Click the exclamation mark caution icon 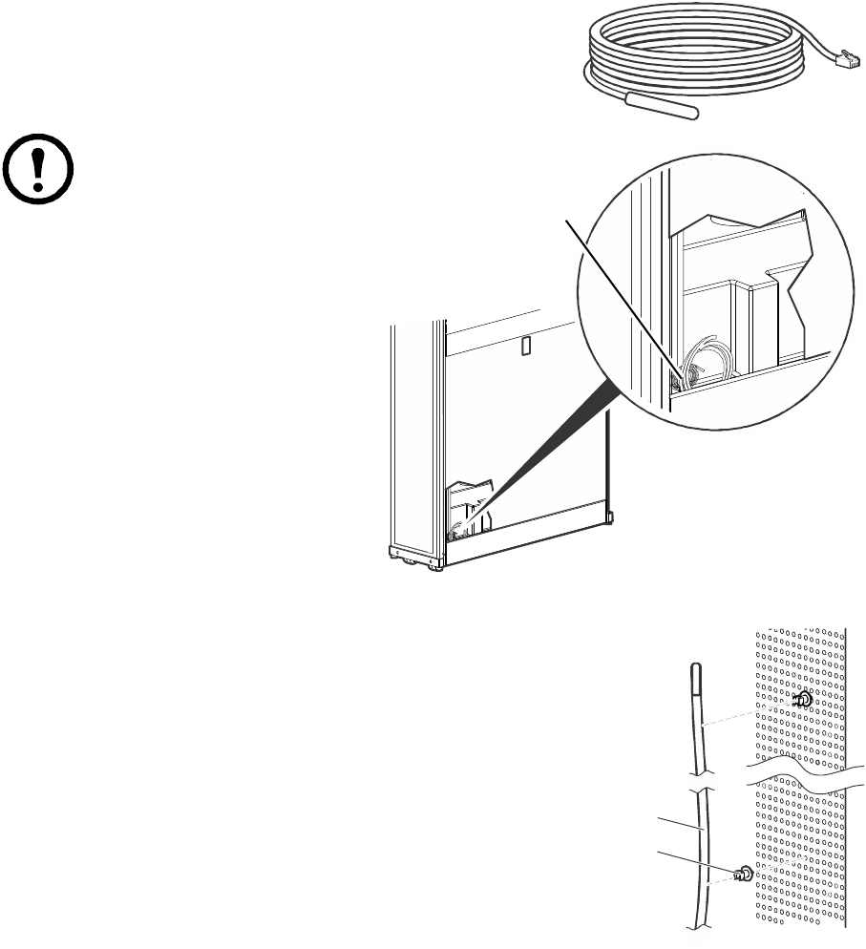40,169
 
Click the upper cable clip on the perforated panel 803,701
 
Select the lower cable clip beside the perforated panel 743,874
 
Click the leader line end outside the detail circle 570,221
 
